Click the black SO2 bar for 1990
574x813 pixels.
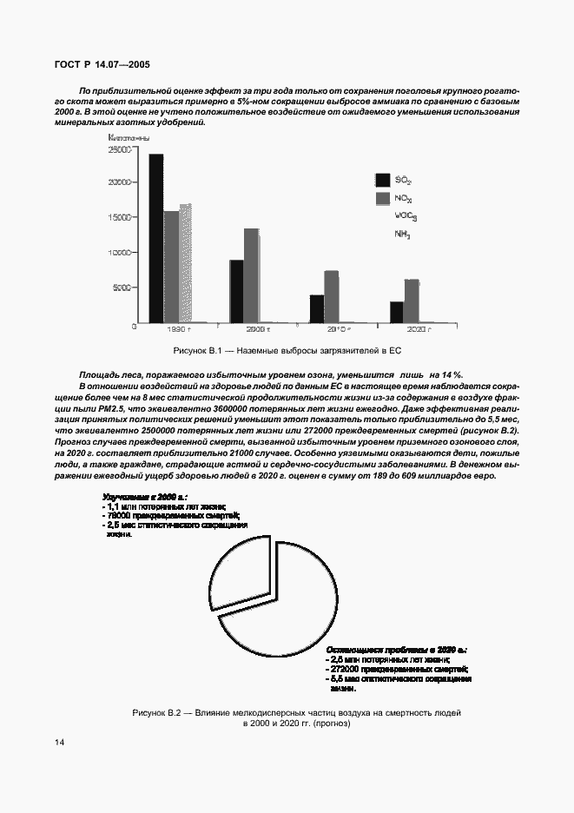coord(155,238)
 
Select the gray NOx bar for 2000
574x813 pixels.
coord(251,275)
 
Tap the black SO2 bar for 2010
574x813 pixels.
coord(317,308)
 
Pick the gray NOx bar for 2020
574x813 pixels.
coord(412,301)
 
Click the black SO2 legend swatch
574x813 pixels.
coord(381,180)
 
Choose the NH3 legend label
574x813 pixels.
coord(402,235)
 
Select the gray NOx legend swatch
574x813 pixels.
coord(381,199)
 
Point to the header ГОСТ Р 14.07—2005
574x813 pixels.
coord(101,64)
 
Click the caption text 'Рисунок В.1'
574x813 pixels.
coord(199,349)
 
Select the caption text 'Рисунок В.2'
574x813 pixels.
coord(158,712)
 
